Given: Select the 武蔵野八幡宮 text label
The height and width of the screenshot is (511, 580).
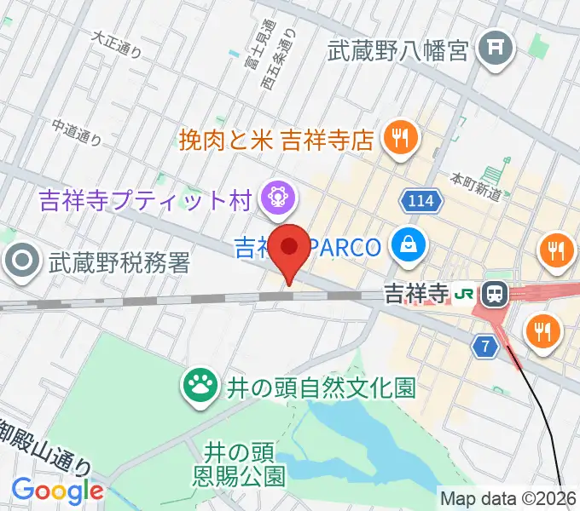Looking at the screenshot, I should click(398, 51).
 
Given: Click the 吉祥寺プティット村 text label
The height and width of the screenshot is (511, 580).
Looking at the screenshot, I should click(143, 200).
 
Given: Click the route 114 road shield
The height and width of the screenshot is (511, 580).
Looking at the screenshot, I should click(417, 201).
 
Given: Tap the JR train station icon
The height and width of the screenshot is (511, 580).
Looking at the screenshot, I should click(493, 296).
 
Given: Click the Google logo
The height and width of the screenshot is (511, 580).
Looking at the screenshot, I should click(57, 491).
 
